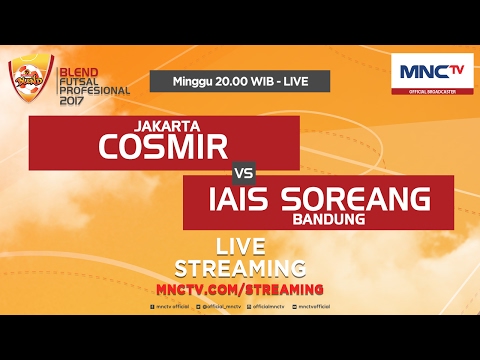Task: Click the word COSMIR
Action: pos(164,148)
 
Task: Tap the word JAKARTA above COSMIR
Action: pos(164,127)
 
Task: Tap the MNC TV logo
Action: pos(432,71)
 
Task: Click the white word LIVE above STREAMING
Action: pos(240,247)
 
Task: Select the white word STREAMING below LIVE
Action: pos(240,268)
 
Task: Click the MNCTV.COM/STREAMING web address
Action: pos(240,288)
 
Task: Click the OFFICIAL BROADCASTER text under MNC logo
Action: pos(432,95)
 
